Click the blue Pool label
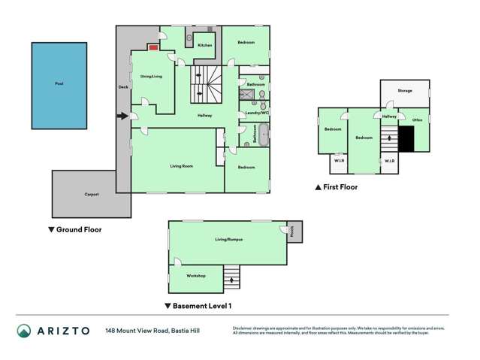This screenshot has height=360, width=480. click(x=59, y=84)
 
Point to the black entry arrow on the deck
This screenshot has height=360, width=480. click(x=122, y=116)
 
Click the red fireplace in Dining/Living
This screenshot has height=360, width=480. click(x=152, y=47)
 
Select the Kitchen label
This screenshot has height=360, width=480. click(x=205, y=46)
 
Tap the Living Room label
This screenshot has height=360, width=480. click(x=183, y=165)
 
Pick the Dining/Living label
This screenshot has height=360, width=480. click(x=151, y=77)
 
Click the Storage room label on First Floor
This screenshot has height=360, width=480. click(x=405, y=90)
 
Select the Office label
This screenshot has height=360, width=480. click(x=417, y=119)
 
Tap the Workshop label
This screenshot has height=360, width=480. click(x=196, y=276)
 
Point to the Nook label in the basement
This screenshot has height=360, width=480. click(x=293, y=232)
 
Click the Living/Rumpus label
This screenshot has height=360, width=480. click(x=228, y=239)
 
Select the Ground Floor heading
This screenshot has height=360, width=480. click(x=78, y=230)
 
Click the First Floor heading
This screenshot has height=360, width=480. click(x=340, y=187)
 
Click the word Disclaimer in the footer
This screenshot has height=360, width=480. click(x=246, y=328)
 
